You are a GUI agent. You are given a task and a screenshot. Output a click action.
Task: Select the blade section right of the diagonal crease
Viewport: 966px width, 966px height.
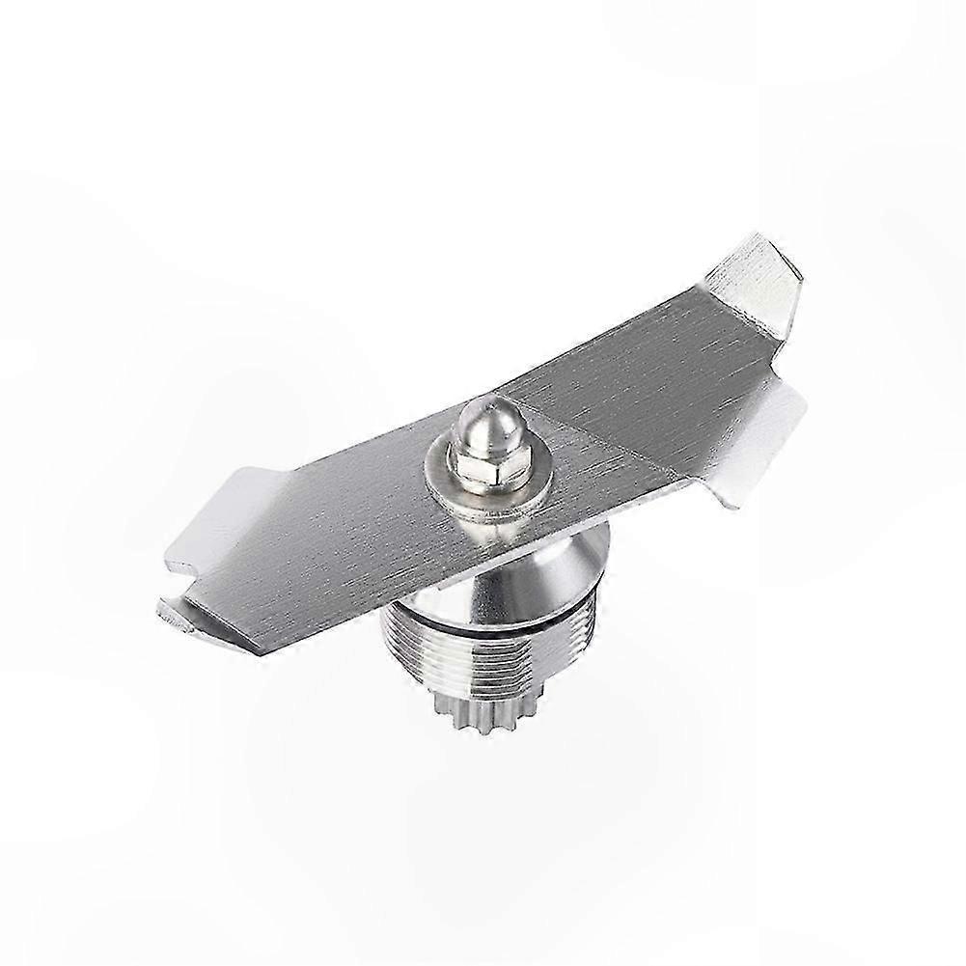coord(676,386)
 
